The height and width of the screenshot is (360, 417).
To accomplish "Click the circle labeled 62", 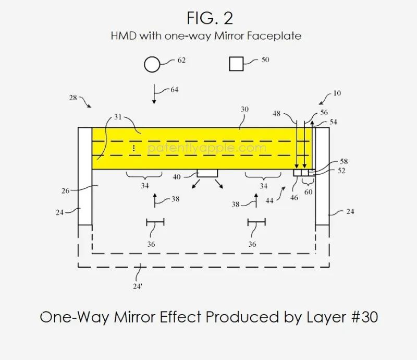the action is coord(152,65).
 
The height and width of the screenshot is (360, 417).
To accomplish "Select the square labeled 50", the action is coord(236,64).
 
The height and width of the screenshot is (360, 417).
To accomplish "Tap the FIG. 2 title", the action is coord(210,18).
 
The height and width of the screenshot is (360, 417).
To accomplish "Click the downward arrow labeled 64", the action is coord(154,94).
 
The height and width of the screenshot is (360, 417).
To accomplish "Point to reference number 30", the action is coord(244,109).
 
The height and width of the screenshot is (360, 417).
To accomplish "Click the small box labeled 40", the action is coord(207,173).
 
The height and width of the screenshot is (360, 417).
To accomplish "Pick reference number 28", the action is coord(73,98).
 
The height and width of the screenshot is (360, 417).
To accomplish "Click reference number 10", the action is coord(337,93).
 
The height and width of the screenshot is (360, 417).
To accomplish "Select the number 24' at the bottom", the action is coord(137,286).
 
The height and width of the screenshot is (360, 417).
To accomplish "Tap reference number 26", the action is coord(66,190).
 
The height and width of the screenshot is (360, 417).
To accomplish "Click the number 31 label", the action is coord(118,117).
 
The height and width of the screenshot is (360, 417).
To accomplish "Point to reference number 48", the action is coord(276,114).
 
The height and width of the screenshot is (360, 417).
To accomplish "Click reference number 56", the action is coord(324,112).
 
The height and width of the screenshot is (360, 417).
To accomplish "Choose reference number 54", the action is coord(333,122).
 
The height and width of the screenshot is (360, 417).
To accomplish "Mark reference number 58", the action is coord(344,161).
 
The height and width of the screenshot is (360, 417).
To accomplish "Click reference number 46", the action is coord(294,198).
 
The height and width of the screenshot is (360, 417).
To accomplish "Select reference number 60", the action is coord(308,192).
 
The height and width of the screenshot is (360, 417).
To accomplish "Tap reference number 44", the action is coord(269,201).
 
